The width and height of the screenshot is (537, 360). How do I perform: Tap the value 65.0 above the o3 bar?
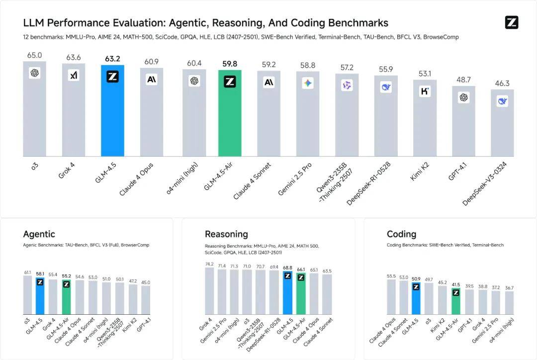coord(34,56)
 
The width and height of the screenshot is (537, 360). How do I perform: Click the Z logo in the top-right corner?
coord(511,22)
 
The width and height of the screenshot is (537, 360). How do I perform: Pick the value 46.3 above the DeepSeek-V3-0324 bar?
coord(502,84)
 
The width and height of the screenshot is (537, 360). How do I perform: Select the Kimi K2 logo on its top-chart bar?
coord(425,91)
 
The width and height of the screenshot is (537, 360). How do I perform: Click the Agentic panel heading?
coord(39,234)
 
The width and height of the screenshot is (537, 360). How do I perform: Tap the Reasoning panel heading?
coord(226,234)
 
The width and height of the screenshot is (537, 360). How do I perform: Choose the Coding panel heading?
coord(401,234)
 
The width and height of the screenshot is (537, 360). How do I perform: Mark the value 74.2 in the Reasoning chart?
coord(209,265)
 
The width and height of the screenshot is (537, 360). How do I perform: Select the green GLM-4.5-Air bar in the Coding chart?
coord(455,301)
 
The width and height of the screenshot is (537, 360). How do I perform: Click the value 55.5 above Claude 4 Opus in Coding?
coord(391,276)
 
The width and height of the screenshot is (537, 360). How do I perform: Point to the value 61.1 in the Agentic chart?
coord(27,272)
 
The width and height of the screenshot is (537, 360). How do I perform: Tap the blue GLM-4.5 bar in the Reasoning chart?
coord(287,293)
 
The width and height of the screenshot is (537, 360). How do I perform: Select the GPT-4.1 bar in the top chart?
coord(463,122)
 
